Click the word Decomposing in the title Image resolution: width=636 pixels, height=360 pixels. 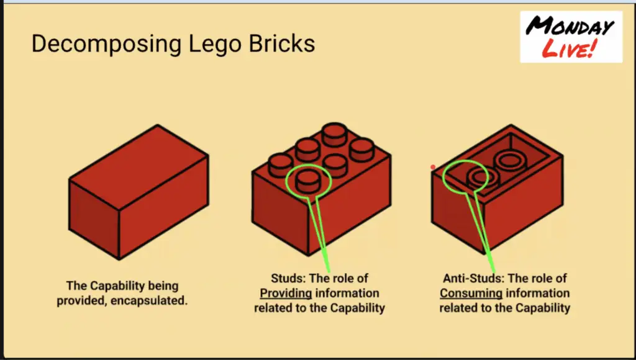106,44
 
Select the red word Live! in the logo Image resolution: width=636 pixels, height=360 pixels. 570,48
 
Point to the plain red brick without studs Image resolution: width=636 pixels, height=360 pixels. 139,192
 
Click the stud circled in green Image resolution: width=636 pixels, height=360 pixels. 308,181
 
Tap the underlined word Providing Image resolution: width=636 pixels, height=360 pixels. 286,293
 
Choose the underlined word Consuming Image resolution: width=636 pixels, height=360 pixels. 471,293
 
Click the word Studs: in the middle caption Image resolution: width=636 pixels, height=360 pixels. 288,279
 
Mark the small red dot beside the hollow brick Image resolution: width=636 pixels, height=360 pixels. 433,167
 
